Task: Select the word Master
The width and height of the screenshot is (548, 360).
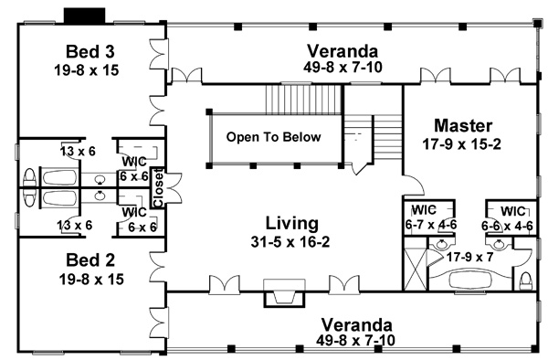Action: pyautogui.click(x=463, y=125)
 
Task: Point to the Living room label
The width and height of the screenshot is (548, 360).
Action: pyautogui.click(x=291, y=222)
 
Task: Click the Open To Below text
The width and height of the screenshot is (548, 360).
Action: pyautogui.click(x=274, y=137)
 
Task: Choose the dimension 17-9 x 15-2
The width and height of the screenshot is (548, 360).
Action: pyautogui.click(x=463, y=143)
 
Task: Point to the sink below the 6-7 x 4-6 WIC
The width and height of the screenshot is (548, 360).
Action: pyautogui.click(x=442, y=244)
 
